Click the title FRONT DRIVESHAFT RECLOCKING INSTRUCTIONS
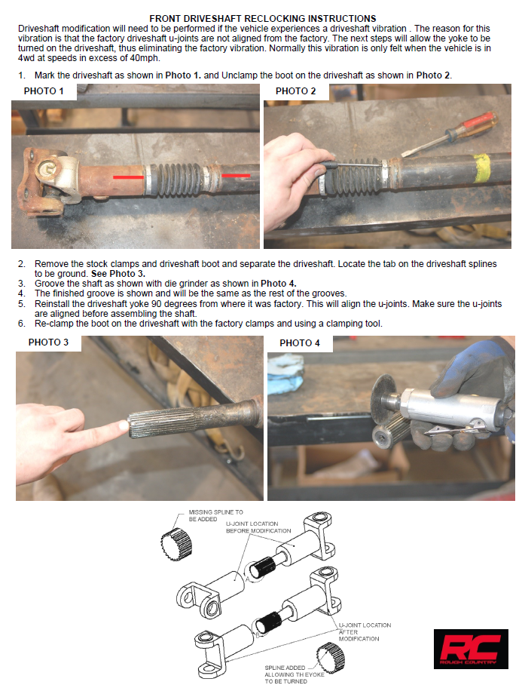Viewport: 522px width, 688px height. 263,17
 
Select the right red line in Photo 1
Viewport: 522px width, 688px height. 236,175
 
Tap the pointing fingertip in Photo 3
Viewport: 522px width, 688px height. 121,428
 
